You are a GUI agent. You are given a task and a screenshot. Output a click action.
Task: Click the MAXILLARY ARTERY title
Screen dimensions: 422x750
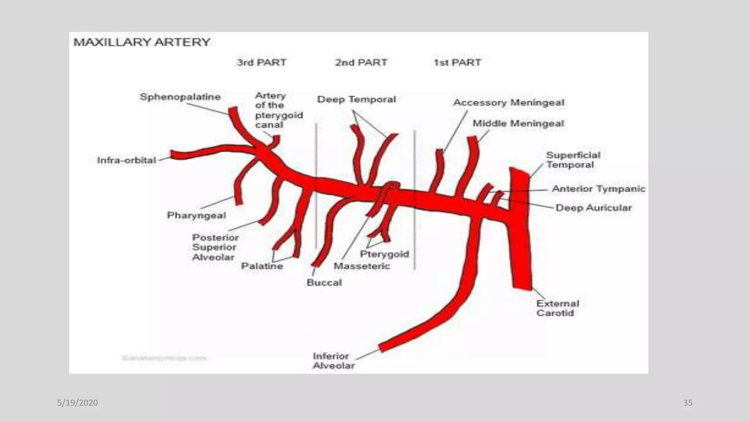coord(142,42)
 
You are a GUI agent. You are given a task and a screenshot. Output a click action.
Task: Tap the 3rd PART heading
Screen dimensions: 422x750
coord(261,63)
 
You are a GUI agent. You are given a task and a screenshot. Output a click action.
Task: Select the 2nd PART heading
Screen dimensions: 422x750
coord(361,63)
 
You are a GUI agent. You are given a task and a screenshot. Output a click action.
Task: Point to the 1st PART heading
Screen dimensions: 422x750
coord(457,63)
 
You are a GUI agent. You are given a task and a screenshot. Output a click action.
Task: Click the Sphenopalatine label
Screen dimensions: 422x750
coord(180,97)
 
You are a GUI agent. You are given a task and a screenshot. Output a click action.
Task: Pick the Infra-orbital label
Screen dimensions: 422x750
coord(126,160)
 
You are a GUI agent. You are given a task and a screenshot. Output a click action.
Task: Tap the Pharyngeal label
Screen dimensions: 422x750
coord(196,215)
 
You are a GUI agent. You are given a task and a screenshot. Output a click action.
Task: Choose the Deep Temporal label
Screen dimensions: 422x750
coord(356,100)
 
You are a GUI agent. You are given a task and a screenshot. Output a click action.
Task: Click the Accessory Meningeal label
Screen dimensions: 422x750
coord(509,103)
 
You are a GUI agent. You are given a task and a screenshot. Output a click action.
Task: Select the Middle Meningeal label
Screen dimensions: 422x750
coord(518,123)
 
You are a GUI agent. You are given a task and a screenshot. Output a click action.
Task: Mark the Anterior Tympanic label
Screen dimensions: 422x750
coord(598,189)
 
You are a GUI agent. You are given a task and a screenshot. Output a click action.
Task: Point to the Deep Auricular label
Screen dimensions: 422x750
coord(594,208)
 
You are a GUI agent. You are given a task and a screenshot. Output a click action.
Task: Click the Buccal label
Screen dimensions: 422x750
coord(324,283)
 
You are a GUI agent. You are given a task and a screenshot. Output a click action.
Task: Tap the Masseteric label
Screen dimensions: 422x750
coord(362,266)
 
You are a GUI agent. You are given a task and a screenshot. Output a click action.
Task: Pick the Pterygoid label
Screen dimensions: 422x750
coord(384,254)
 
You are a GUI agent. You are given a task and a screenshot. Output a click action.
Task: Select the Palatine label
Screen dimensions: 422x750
coord(262,266)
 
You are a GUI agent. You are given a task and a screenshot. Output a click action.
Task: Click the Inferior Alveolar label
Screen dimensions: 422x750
coord(333,361)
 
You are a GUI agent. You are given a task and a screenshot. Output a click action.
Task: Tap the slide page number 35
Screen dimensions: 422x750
coord(688,403)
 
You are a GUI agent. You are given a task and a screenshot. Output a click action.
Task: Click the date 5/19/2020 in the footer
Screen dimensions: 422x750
coord(78,403)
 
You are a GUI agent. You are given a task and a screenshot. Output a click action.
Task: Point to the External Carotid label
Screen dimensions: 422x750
coord(557,308)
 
